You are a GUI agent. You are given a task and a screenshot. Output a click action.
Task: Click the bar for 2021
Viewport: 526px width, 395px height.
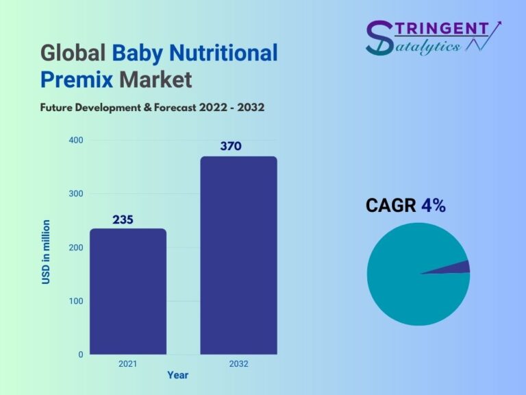click(128, 291)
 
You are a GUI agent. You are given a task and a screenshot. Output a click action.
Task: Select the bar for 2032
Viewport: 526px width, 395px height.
click(239, 255)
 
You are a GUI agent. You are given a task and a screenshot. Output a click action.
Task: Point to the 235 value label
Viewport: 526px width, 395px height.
click(123, 219)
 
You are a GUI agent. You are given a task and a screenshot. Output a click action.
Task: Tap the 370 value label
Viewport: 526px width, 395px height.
click(231, 146)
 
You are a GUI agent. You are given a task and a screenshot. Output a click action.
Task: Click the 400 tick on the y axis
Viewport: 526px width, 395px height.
click(76, 140)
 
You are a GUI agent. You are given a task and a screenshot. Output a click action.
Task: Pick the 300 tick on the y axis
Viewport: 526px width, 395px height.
click(76, 194)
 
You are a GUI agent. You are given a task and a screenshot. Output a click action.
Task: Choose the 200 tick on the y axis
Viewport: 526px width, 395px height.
click(76, 248)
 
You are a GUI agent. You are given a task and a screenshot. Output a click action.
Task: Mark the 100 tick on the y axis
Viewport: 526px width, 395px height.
click(76, 301)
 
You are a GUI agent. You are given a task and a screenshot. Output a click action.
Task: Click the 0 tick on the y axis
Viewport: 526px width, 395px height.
click(81, 355)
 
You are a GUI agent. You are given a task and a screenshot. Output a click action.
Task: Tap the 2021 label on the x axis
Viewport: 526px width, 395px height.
click(128, 363)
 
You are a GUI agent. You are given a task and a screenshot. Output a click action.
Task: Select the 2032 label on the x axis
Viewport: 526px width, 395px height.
click(239, 363)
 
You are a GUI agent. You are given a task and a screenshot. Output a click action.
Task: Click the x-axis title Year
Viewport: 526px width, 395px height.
click(178, 375)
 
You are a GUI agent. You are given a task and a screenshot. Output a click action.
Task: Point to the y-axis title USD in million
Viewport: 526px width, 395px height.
click(46, 252)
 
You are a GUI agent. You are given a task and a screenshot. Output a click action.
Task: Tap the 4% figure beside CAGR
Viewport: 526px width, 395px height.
click(434, 205)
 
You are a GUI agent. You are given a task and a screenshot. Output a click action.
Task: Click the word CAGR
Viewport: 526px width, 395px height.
click(391, 205)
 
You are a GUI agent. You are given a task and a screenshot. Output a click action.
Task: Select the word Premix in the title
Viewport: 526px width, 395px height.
click(77, 80)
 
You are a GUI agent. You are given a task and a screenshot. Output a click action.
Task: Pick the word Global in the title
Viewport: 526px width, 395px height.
click(73, 53)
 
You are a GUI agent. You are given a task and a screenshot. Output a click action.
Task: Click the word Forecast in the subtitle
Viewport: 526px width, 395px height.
click(175, 108)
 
